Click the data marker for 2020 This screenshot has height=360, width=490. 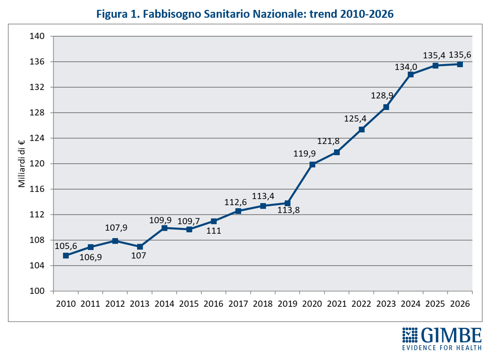[x=312, y=164]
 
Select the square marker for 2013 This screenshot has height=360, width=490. [x=140, y=247]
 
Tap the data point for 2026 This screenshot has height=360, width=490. [x=460, y=64]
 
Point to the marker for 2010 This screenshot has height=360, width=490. [x=66, y=255]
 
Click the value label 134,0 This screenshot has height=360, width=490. [x=406, y=67]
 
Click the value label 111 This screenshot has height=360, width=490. [x=214, y=230]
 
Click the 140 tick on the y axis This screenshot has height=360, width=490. [x=38, y=36]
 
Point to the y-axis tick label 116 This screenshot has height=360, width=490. [x=38, y=189]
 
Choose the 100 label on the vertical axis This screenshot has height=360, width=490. [x=38, y=291]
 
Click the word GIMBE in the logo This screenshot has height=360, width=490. [x=451, y=336]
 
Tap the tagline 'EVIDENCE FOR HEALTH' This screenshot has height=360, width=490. [x=442, y=348]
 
